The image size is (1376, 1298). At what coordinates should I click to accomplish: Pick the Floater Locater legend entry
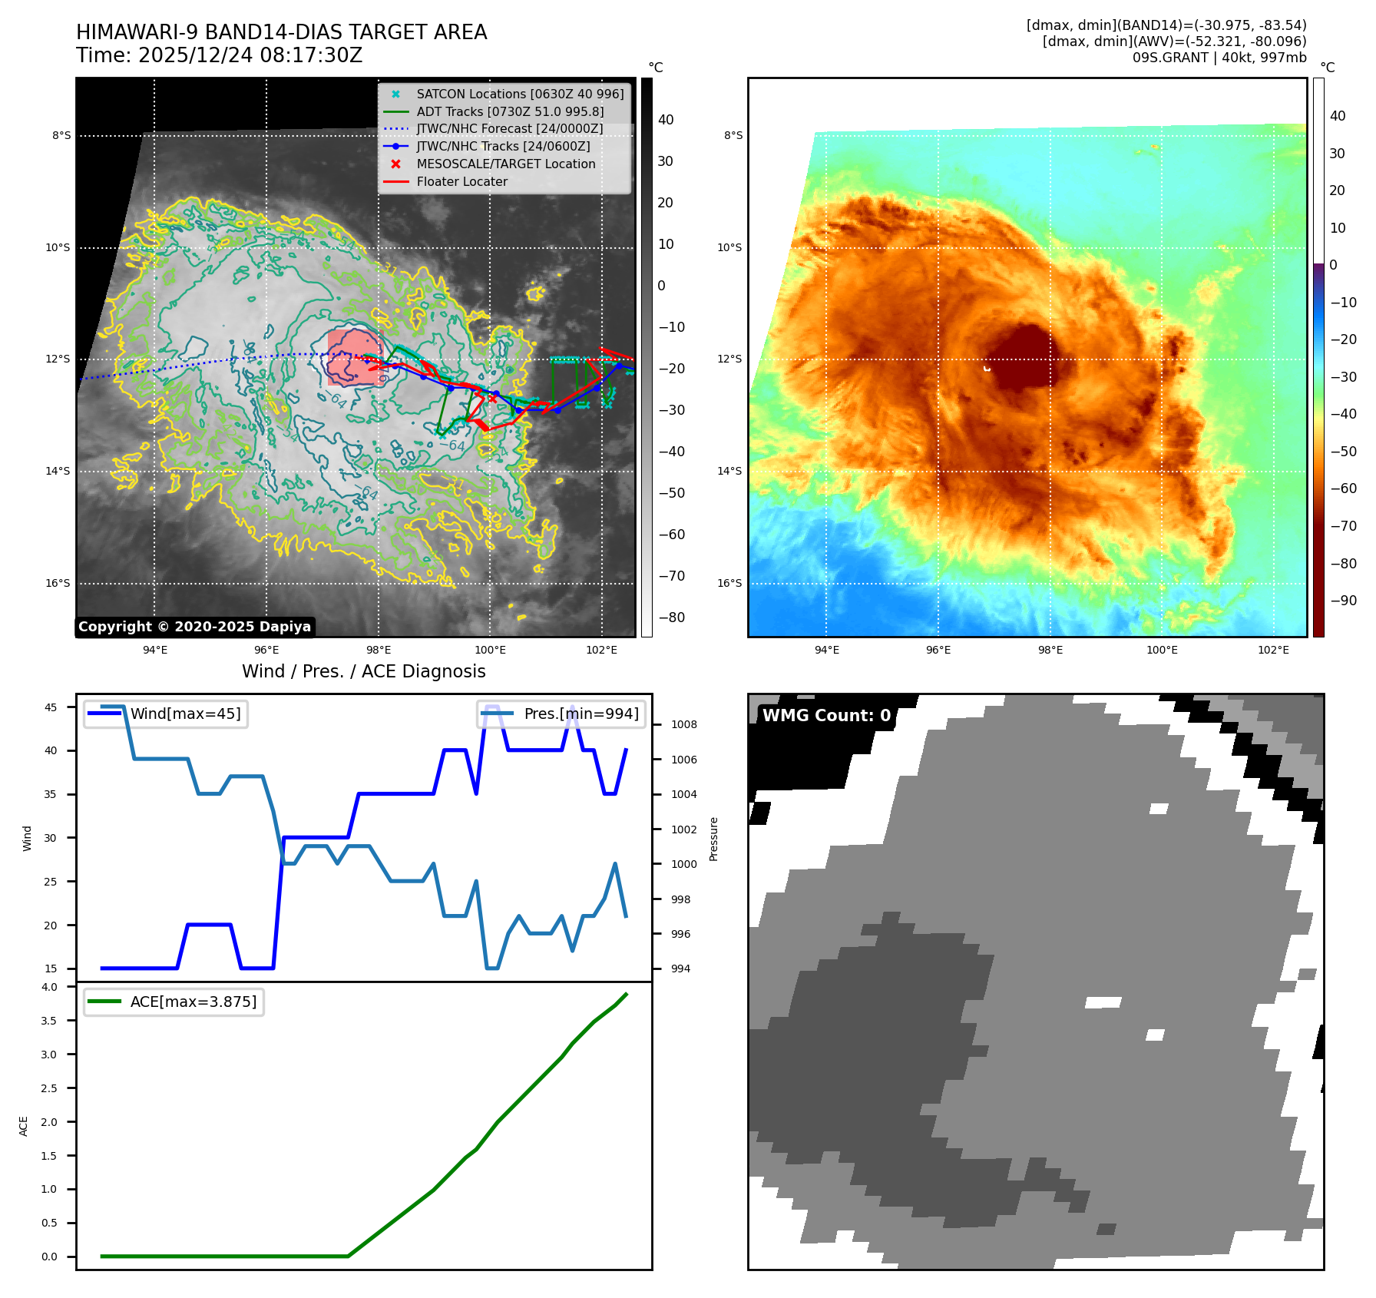461,181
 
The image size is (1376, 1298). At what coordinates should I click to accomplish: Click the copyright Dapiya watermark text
194,627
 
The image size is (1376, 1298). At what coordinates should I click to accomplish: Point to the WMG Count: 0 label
826,716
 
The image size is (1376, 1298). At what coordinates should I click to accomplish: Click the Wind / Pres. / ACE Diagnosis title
363,671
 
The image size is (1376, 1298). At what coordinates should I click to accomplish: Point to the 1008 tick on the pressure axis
683,724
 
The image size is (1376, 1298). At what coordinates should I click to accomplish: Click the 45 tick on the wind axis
51,707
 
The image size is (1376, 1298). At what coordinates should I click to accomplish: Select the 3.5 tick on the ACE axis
49,1021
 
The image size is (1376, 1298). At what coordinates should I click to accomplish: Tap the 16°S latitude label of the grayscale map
58,583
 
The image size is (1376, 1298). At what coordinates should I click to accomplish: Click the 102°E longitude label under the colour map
1273,650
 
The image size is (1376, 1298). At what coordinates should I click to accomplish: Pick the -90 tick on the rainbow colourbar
1342,601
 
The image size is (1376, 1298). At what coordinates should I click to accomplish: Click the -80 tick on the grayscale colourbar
670,618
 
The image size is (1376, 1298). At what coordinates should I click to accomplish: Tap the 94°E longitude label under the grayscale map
155,650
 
